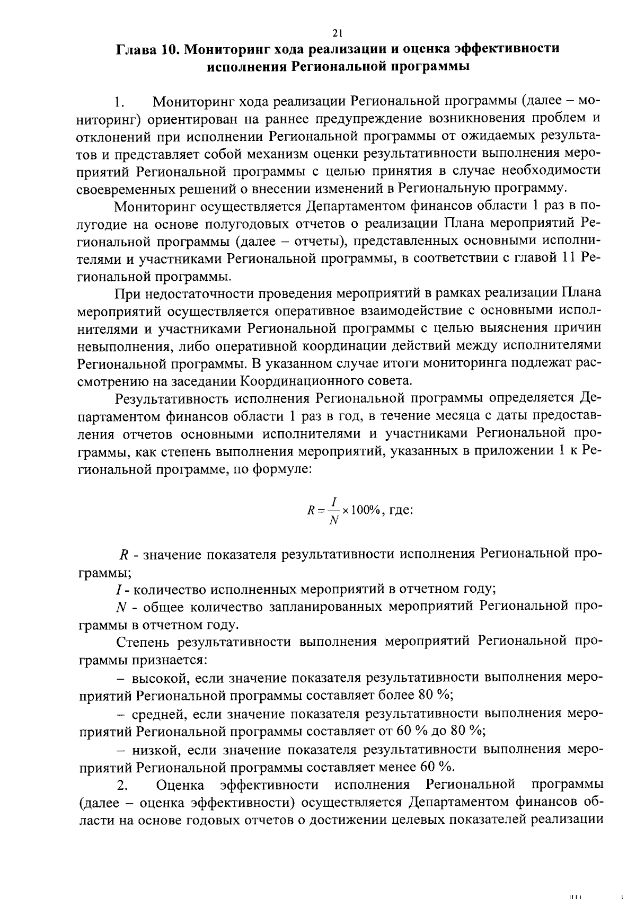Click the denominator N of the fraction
(334, 521)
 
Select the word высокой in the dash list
(158, 679)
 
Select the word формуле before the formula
(281, 469)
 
